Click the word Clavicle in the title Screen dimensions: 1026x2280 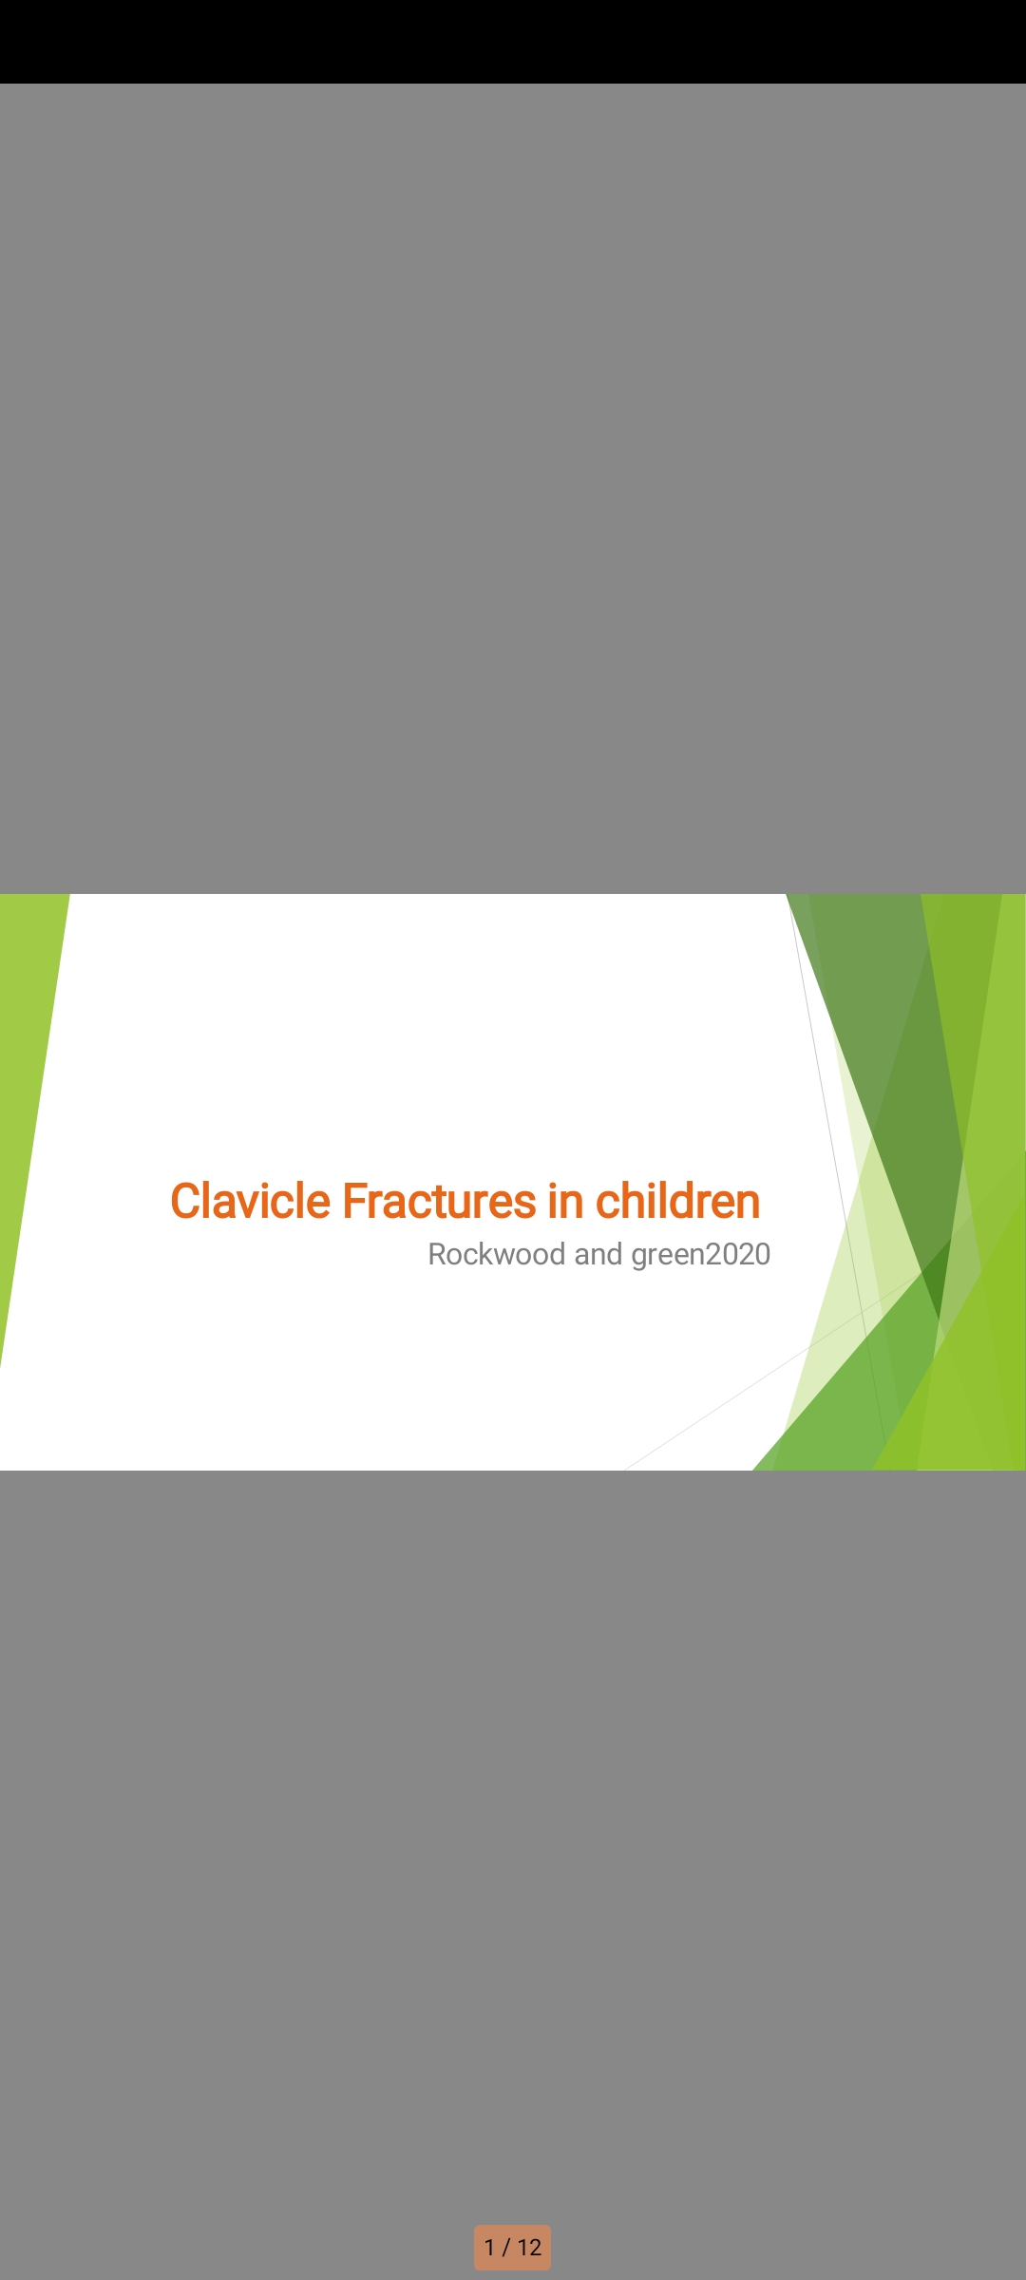point(252,1201)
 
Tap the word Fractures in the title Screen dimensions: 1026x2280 point(440,1201)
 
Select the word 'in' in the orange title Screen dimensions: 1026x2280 point(565,1201)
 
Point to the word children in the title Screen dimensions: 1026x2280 point(678,1201)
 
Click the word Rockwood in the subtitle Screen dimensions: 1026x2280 point(497,1254)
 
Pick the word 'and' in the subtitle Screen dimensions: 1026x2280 point(598,1254)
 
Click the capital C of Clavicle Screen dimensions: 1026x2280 point(187,1202)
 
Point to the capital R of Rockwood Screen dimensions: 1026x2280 point(438,1255)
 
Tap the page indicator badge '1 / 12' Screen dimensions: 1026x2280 point(513,2248)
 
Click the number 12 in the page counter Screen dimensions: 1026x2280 point(529,2248)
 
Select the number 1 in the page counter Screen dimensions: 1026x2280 point(489,2248)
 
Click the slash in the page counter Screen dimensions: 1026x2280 point(506,2248)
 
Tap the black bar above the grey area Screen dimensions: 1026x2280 point(513,42)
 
